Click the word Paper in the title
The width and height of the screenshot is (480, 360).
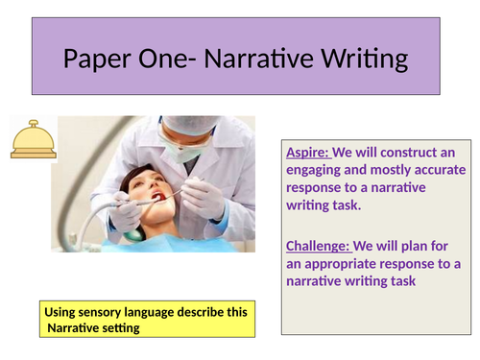[99, 60]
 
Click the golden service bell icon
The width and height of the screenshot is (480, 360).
[31, 139]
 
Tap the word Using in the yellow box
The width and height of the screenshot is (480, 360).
[62, 313]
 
